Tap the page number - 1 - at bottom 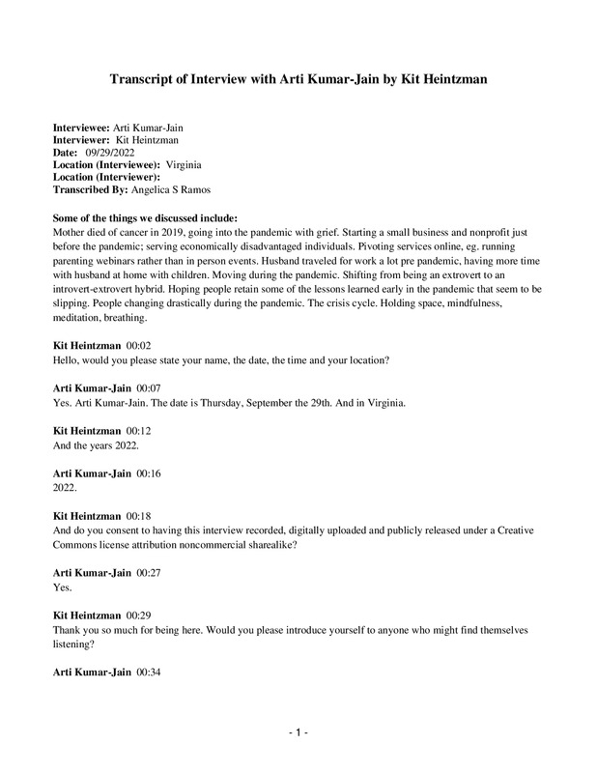pyautogui.click(x=298, y=733)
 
